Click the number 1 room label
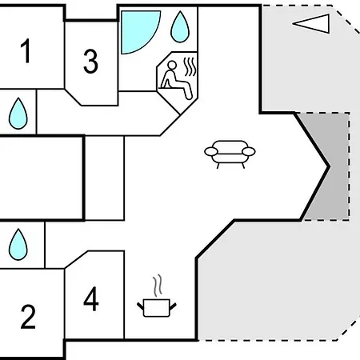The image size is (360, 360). [26, 50]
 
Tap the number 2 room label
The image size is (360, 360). [28, 317]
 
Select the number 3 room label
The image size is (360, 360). [90, 61]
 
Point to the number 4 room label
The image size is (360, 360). [91, 299]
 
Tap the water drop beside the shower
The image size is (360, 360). [180, 26]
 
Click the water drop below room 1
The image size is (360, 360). [18, 114]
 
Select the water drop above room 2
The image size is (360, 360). [18, 244]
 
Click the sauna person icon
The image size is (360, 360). [176, 80]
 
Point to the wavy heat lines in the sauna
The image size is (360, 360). [190, 66]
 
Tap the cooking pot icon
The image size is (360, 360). [157, 308]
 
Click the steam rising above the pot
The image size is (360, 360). [158, 286]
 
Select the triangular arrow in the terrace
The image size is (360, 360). [311, 24]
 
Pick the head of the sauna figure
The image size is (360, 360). [172, 65]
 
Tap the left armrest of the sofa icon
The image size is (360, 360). [211, 152]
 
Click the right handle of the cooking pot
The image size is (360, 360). [173, 306]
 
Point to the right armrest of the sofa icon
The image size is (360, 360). [249, 152]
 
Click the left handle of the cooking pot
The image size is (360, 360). [141, 306]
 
